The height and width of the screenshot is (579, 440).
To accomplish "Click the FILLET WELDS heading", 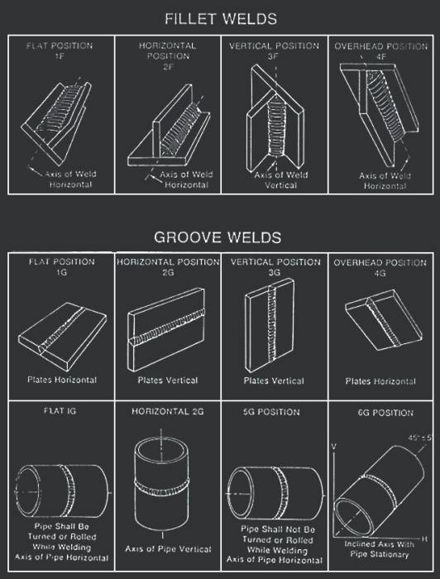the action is (221, 19).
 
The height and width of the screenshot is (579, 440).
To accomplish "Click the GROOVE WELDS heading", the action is (218, 237).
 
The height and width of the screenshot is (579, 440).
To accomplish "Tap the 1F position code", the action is (60, 56).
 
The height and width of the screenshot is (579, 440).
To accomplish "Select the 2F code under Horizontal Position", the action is (167, 67).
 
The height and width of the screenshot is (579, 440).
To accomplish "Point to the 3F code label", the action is (274, 56).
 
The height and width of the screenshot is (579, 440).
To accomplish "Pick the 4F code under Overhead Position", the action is (380, 57).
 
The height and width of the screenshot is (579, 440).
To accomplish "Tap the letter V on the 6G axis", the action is (333, 447).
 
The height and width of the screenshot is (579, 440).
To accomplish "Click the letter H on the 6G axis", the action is (424, 538).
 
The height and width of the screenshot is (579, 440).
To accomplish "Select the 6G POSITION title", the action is (385, 413).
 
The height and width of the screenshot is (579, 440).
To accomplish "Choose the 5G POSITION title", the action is (271, 412).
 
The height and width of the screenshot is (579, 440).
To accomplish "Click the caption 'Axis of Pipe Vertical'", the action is (168, 549).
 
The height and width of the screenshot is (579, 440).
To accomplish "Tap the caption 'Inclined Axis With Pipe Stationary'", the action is (380, 549).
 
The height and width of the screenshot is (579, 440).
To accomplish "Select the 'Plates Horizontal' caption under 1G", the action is (62, 380).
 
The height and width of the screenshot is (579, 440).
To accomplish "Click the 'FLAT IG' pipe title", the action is (60, 411).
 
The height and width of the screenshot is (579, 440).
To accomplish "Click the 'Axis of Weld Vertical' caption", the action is (281, 179).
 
